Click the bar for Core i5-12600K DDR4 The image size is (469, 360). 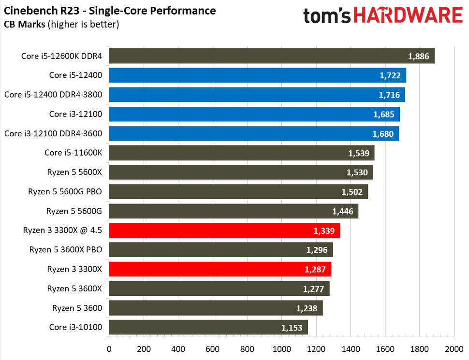[271, 56]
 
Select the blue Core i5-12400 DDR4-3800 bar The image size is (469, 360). [256, 95]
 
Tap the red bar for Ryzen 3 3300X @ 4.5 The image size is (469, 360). [224, 230]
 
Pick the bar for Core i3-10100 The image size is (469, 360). [208, 327]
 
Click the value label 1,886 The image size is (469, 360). [418, 56]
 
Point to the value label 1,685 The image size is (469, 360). [384, 115]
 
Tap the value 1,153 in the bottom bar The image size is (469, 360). [292, 328]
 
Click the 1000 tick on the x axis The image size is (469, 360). [281, 348]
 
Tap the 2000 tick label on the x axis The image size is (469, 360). [454, 348]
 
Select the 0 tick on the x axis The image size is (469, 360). [109, 348]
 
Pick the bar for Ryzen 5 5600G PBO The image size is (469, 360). [238, 192]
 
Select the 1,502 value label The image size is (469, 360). [352, 192]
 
